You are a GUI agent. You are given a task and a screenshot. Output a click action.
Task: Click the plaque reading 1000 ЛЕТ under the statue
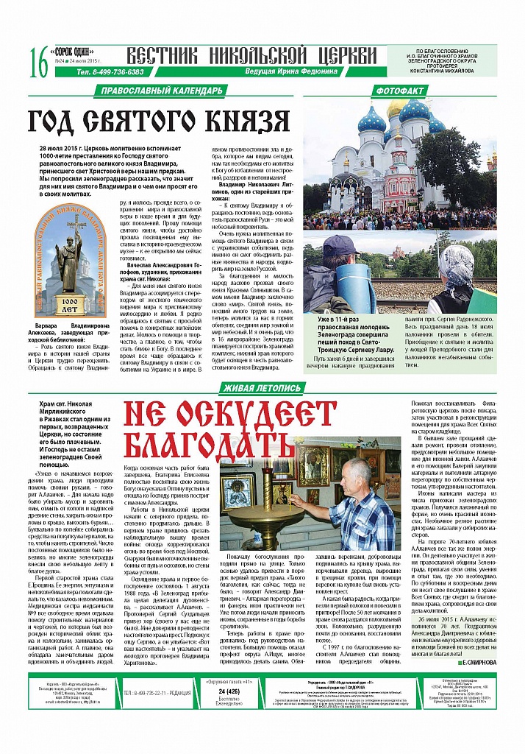point(71,304)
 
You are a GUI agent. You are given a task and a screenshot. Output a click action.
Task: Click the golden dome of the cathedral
point(397,110)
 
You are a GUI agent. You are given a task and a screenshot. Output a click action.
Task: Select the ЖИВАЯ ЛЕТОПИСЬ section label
point(262,388)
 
